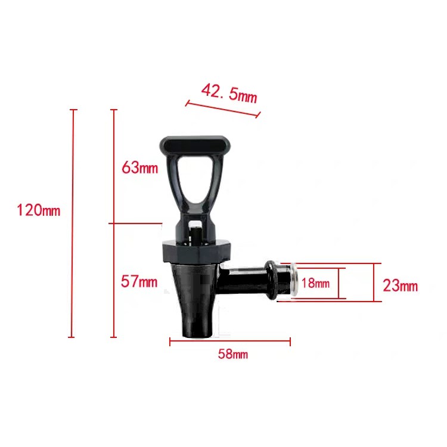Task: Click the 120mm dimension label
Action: (39, 210)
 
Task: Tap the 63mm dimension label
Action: (139, 167)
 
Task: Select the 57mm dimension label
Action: (139, 281)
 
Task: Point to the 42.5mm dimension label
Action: (229, 93)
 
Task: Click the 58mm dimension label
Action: (232, 355)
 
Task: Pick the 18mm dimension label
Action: (315, 284)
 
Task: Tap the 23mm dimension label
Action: (400, 286)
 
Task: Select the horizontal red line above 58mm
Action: (230, 342)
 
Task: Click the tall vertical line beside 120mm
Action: (73, 223)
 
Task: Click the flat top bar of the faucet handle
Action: (195, 144)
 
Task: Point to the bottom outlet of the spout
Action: (194, 331)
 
